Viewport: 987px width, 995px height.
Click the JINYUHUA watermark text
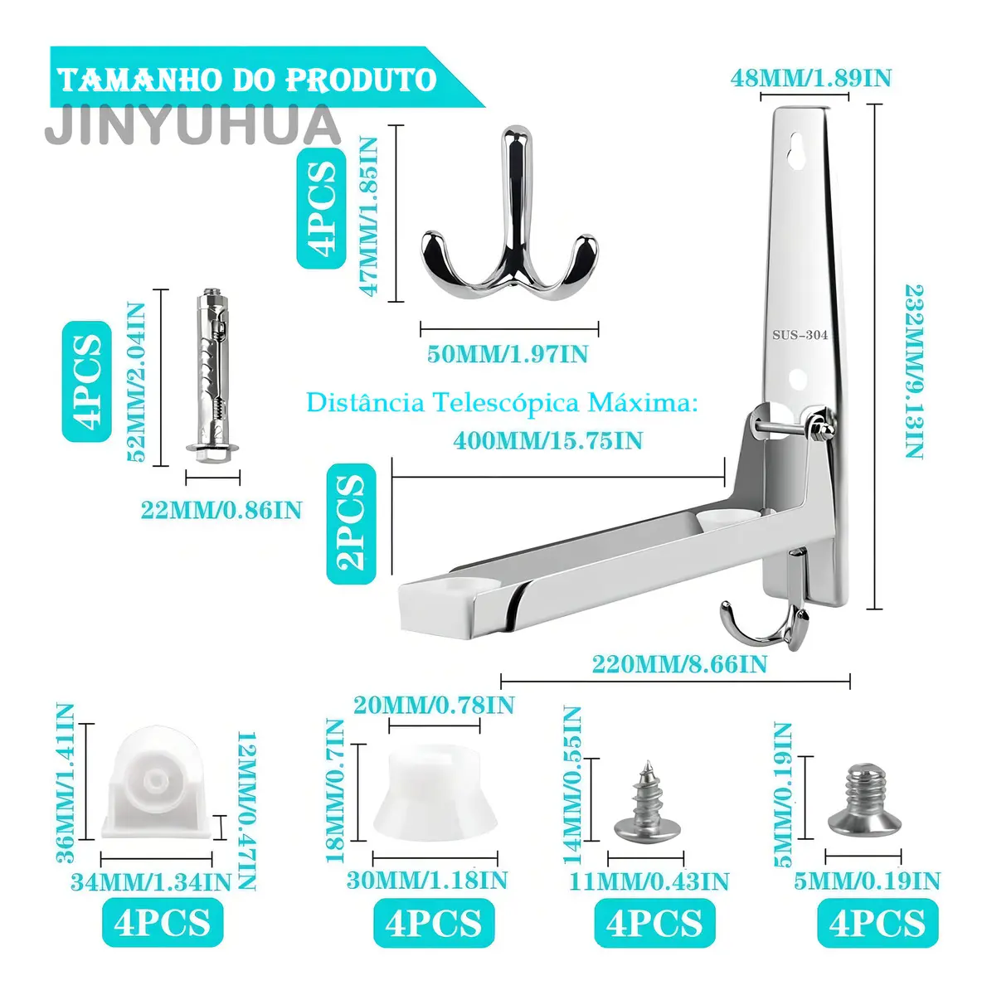(192, 125)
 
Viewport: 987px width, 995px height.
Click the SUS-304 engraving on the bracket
(800, 335)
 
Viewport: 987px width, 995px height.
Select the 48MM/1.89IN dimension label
(811, 79)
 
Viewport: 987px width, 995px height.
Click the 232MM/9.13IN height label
(914, 371)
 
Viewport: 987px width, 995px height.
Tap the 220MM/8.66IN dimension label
(679, 664)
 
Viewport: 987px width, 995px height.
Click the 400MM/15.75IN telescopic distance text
(547, 441)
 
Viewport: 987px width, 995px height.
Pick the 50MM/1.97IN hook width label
(508, 354)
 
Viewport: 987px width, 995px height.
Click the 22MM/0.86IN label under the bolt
(221, 510)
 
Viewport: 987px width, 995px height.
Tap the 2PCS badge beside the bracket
(351, 523)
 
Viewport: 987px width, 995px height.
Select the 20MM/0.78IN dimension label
(434, 705)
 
